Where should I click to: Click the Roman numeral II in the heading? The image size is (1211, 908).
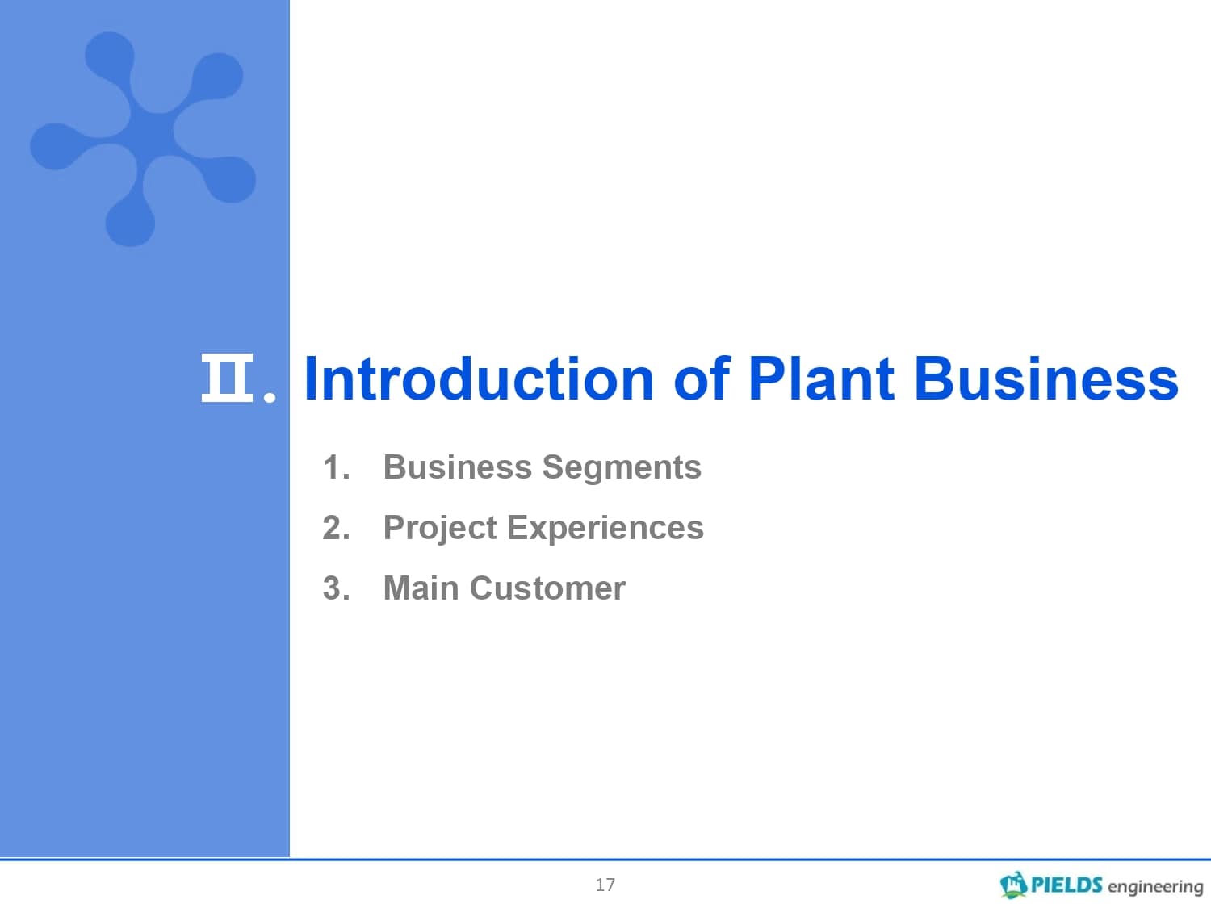point(227,378)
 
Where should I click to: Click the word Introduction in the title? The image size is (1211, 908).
point(479,379)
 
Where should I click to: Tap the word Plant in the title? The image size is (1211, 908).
point(821,379)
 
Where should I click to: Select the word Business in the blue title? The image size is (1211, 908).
point(1046,379)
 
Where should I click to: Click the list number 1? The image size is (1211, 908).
point(336,467)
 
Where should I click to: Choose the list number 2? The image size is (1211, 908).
point(336,528)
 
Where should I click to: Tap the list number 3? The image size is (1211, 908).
point(336,588)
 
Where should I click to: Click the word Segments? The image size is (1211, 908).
point(622,469)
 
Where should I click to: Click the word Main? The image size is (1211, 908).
point(421,588)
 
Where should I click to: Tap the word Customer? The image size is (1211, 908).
point(547,588)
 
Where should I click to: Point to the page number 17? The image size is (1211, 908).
point(605,885)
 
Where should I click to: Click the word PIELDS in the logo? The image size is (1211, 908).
point(1066,885)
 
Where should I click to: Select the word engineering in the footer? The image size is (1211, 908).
point(1155,887)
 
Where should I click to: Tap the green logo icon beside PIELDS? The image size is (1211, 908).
point(1013,885)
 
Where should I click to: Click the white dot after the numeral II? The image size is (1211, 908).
point(270,397)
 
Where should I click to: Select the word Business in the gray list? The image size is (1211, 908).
point(458,467)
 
